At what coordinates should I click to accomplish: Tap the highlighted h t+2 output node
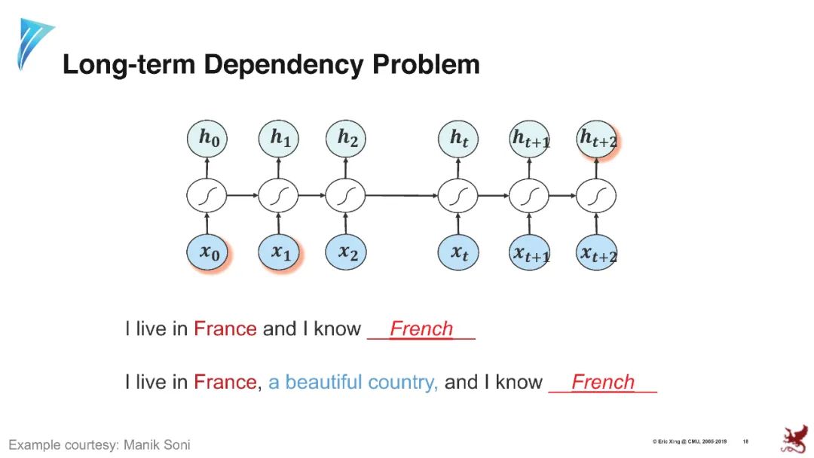pyautogui.click(x=598, y=139)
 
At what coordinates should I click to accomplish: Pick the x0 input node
pyautogui.click(x=208, y=253)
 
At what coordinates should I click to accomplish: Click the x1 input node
pyautogui.click(x=280, y=253)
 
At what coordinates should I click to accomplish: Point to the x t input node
pyautogui.click(x=458, y=253)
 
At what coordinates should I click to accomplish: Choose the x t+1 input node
pyautogui.click(x=531, y=254)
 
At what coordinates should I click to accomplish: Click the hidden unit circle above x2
pyautogui.click(x=346, y=197)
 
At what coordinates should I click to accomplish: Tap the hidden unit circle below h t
pyautogui.click(x=458, y=197)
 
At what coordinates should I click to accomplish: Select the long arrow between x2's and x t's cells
pyautogui.click(x=402, y=197)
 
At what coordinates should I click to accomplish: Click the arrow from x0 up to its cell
pyautogui.click(x=207, y=224)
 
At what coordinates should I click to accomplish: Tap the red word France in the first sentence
pyautogui.click(x=225, y=329)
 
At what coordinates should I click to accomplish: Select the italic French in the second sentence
pyautogui.click(x=602, y=382)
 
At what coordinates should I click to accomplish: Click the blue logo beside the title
pyautogui.click(x=33, y=43)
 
